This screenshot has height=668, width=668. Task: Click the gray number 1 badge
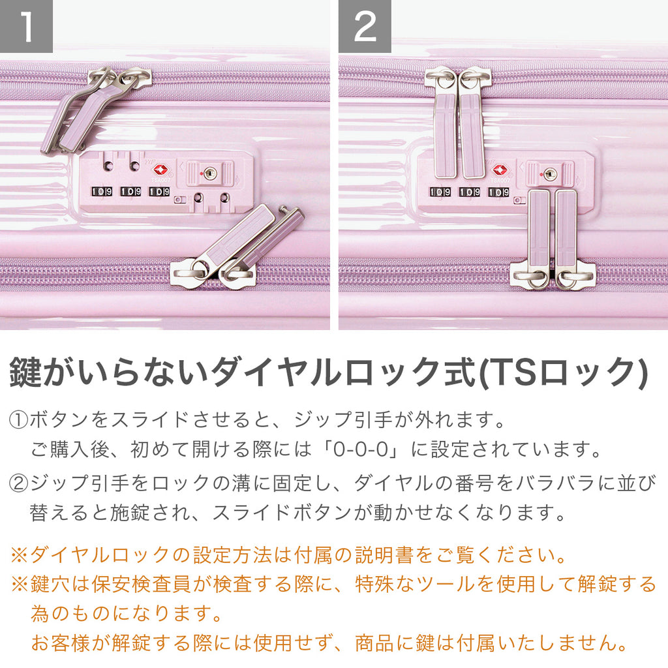[26, 26]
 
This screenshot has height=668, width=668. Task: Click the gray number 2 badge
[365, 26]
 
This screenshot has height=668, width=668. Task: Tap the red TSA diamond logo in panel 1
[160, 170]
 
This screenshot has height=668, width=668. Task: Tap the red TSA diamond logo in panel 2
[500, 170]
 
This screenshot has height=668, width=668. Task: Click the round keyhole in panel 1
[210, 173]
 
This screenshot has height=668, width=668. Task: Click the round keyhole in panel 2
[550, 174]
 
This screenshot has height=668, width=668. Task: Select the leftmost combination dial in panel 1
[102, 192]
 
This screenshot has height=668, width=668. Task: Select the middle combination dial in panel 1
[130, 192]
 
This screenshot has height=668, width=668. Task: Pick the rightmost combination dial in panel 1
[159, 192]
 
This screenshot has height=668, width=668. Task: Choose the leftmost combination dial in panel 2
[440, 192]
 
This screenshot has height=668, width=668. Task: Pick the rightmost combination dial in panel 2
[498, 192]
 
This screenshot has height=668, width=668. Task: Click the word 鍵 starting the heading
[25, 372]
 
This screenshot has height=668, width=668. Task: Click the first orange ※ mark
[19, 555]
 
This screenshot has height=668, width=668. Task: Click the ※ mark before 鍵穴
[19, 584]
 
